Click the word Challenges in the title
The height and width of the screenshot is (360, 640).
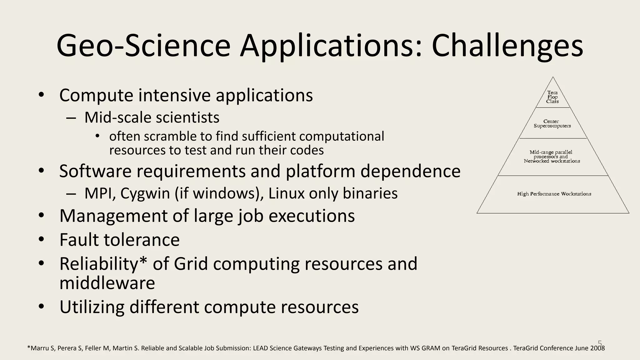tap(507, 46)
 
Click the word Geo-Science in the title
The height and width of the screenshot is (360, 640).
tap(143, 46)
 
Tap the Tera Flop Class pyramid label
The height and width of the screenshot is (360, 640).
tap(552, 97)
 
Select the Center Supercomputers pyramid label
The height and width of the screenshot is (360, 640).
tap(552, 123)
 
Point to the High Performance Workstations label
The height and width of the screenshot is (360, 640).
tap(554, 194)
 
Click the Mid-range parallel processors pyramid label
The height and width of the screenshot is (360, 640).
tap(552, 157)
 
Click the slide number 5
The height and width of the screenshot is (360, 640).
tap(600, 343)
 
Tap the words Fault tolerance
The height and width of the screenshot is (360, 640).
tap(119, 240)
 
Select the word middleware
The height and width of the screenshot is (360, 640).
tap(107, 283)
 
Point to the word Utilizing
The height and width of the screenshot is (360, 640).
tap(92, 307)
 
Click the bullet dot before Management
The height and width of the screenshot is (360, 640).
tap(42, 216)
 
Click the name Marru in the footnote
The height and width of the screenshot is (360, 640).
tap(40, 348)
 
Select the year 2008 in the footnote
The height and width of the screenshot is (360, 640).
tap(597, 348)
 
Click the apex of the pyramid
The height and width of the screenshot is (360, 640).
tap(553, 78)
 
